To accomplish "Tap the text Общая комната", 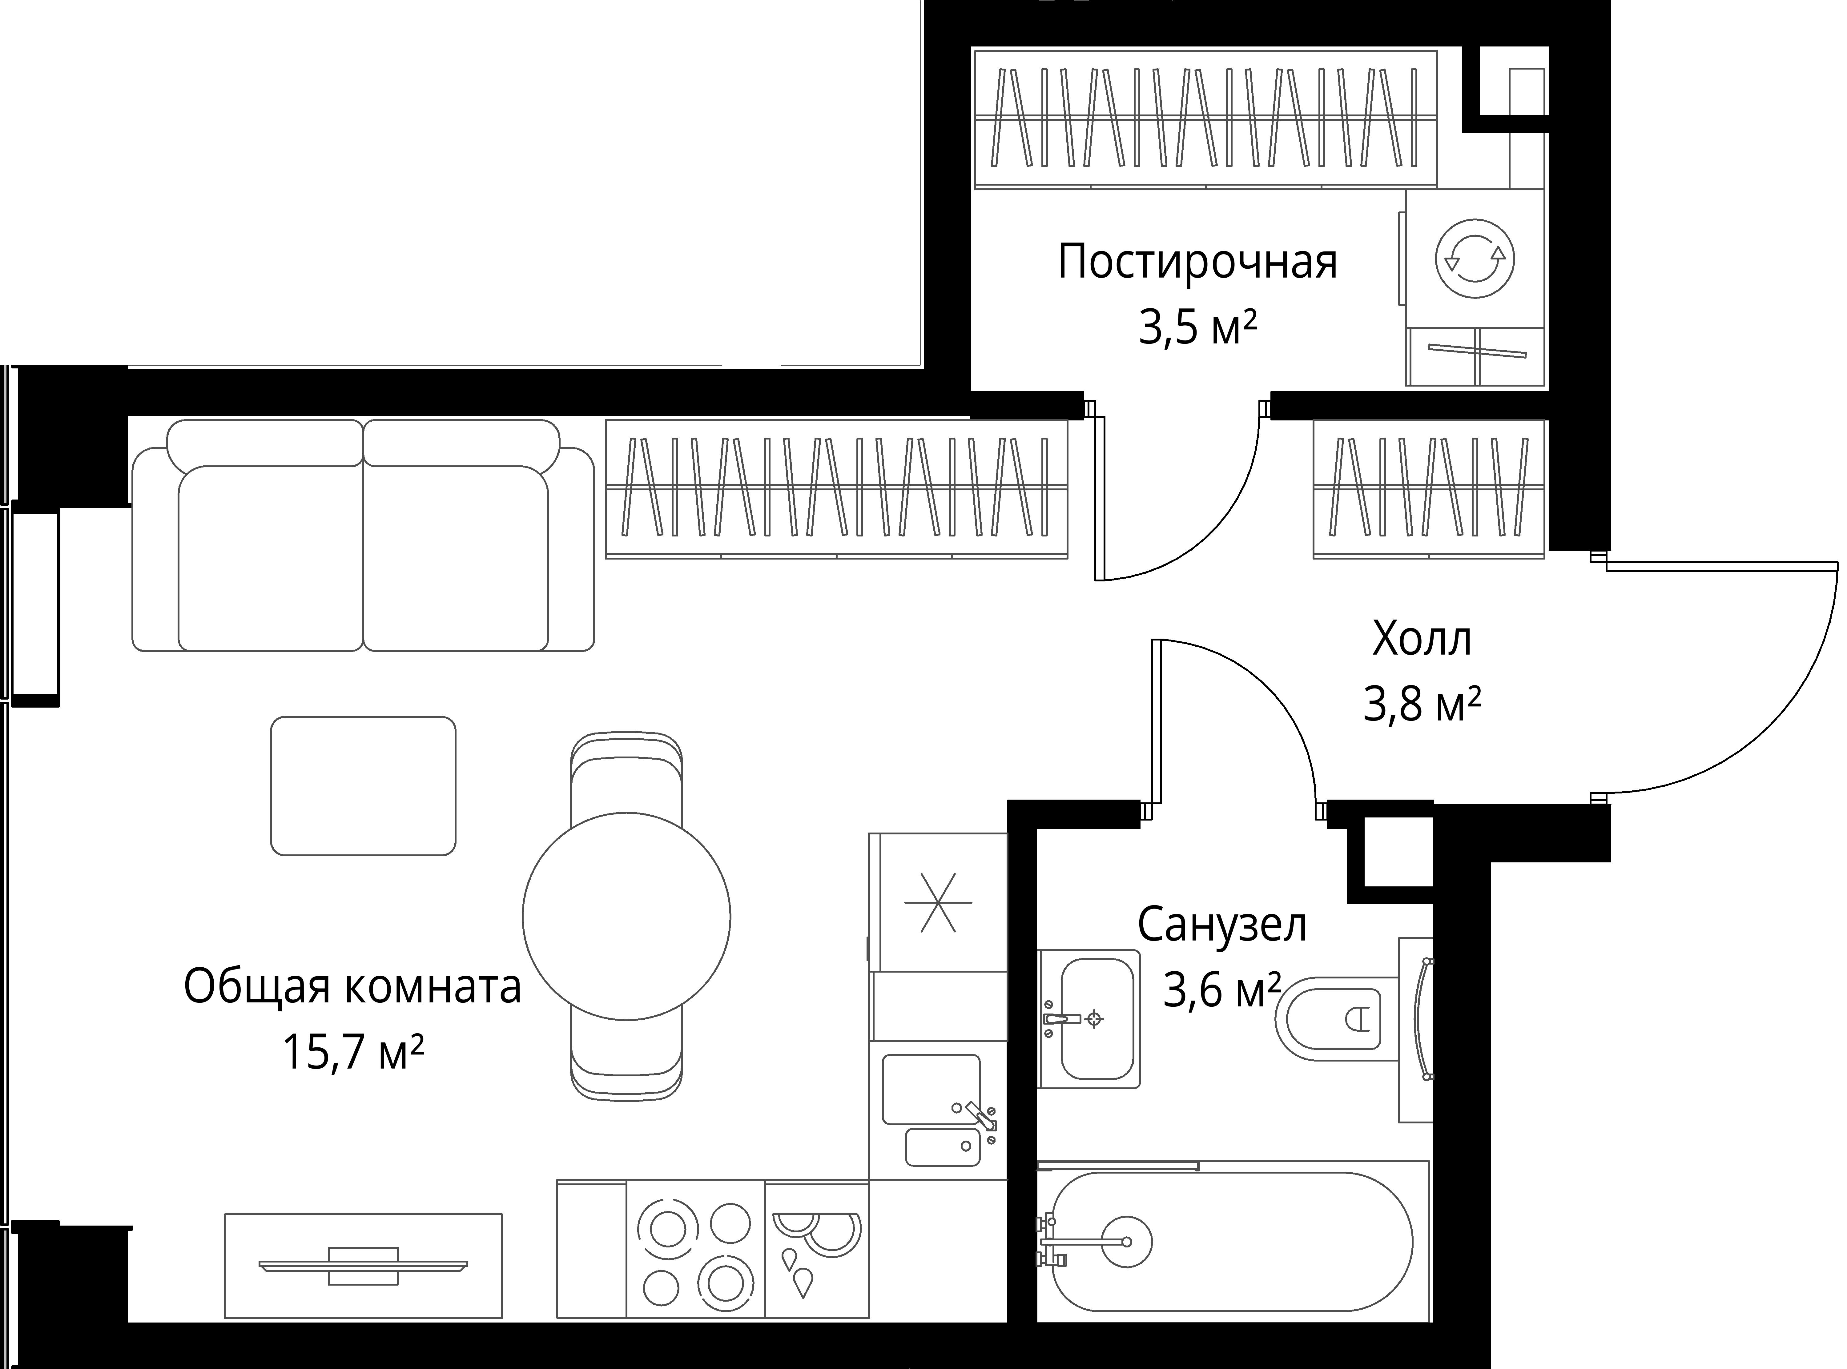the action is point(352,987).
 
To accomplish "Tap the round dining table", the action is point(626,916).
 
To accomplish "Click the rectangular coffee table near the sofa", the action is point(363,785).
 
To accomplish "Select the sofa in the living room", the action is point(363,535).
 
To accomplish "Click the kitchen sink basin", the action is point(932,1089).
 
